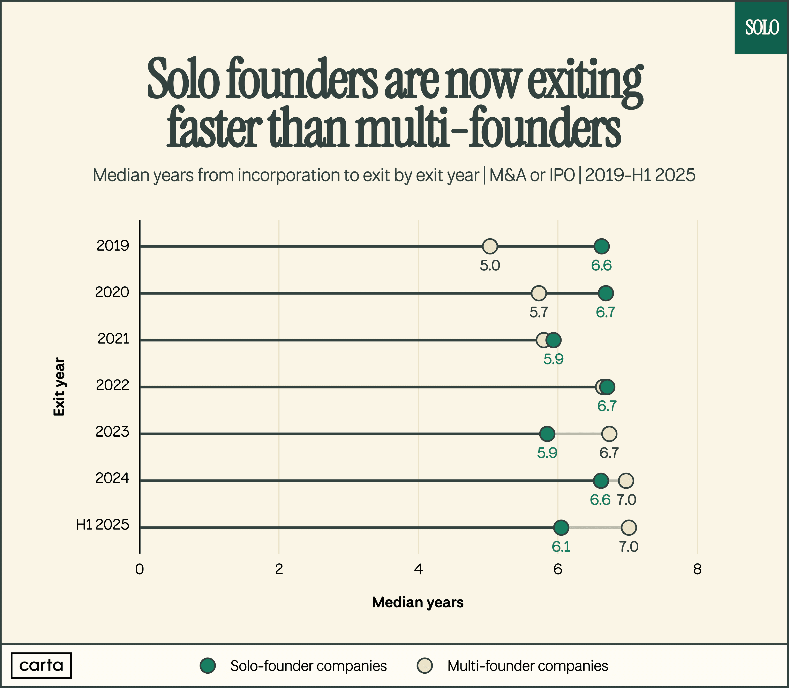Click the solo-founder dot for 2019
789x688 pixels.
click(601, 246)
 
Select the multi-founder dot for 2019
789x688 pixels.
click(490, 246)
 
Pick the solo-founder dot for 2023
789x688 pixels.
click(547, 434)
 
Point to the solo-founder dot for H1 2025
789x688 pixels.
click(561, 527)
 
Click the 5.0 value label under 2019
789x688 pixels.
click(490, 266)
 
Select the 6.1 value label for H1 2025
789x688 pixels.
click(561, 547)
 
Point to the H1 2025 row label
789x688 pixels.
click(103, 524)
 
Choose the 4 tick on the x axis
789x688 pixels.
click(418, 569)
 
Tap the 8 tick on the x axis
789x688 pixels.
click(697, 569)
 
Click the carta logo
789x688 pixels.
click(41, 665)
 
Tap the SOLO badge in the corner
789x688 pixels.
click(762, 28)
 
